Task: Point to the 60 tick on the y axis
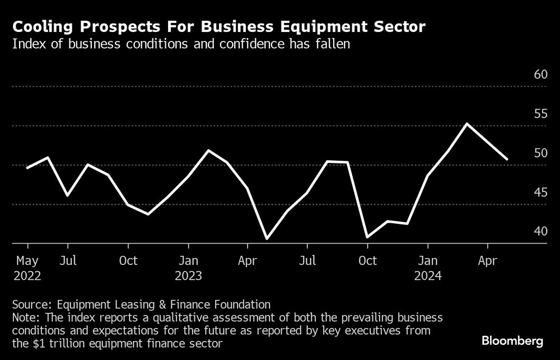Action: (540, 74)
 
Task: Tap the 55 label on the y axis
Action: (540, 114)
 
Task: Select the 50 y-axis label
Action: (540, 153)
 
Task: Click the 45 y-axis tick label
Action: (540, 192)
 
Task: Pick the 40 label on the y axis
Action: (540, 231)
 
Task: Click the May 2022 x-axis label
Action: (27, 268)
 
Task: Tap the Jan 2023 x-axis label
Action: (189, 268)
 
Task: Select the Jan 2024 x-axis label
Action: (428, 268)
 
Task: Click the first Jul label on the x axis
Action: (68, 261)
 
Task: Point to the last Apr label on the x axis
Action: (488, 261)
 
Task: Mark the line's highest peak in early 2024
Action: (467, 124)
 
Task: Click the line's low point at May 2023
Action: (267, 239)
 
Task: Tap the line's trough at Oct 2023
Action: (367, 237)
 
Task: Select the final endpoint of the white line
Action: (507, 160)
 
